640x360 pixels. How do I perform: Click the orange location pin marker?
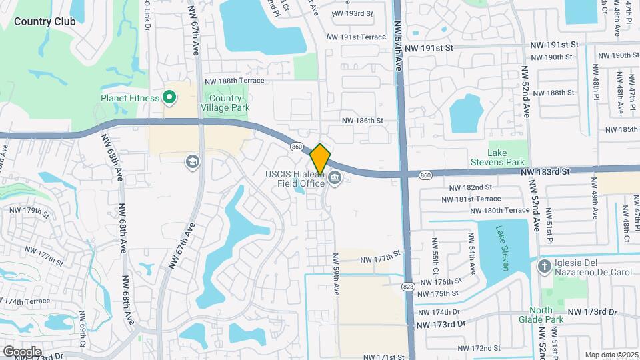(320, 159)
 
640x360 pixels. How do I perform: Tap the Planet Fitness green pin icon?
(169, 98)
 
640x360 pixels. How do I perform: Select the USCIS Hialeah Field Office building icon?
(335, 177)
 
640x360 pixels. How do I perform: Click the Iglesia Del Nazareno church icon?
(544, 267)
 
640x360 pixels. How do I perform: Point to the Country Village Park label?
(221, 103)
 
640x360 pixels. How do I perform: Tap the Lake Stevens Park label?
(507, 157)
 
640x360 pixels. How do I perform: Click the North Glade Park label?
(547, 315)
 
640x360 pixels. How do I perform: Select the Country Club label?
(44, 21)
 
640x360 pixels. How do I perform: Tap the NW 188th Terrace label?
(234, 81)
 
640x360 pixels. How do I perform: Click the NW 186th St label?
(363, 121)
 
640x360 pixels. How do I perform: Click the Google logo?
(22, 351)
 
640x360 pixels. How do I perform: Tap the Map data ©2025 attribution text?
(611, 355)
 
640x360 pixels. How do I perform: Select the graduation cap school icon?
(192, 161)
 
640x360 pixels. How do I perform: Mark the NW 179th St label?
(29, 211)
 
